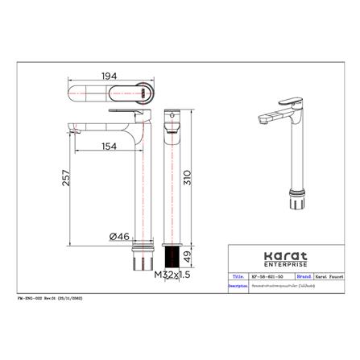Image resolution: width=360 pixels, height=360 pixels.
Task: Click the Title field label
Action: coord(238,275)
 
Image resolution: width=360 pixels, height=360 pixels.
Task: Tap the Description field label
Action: coord(238,285)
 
